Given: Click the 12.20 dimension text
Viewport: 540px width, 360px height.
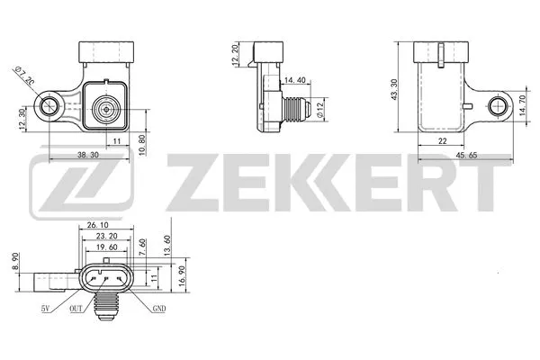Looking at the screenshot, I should (x=235, y=56).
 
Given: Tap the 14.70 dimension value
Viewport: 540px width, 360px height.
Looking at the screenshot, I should (x=523, y=108).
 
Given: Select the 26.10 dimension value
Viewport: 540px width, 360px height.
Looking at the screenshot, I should (x=99, y=225).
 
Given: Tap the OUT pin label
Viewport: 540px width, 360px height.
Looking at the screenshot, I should (x=77, y=309).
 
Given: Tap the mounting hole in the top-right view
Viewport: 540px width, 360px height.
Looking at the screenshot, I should (x=498, y=108).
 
